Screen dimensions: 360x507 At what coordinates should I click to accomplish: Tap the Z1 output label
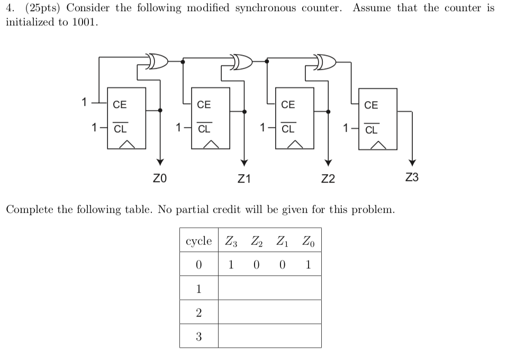(244, 179)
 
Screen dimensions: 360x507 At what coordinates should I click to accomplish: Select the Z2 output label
(328, 179)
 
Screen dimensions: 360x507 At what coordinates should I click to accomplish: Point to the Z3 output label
(412, 177)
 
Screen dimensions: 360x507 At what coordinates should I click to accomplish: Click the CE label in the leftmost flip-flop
(120, 105)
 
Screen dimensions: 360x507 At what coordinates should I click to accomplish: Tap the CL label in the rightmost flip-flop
(372, 130)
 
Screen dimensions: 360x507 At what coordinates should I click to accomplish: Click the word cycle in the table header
(198, 242)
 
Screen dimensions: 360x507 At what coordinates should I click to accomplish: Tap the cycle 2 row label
(198, 312)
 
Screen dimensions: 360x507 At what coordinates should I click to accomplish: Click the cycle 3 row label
(198, 336)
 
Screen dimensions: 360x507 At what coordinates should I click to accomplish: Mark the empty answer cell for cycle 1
(269, 289)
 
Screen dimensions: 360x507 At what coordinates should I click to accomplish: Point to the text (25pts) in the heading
(40, 8)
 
